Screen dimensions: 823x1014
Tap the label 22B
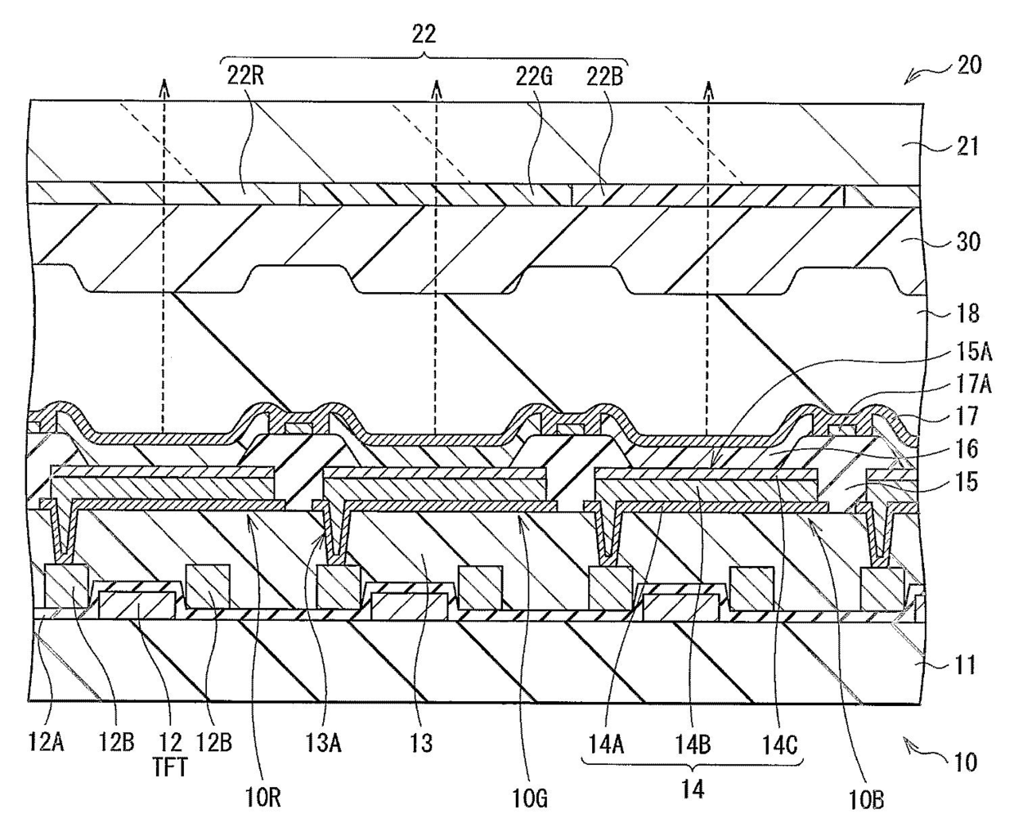click(605, 78)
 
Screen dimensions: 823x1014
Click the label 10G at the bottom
click(520, 795)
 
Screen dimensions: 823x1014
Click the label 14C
click(777, 744)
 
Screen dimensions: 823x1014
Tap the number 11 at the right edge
click(966, 664)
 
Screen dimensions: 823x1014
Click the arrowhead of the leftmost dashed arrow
click(164, 84)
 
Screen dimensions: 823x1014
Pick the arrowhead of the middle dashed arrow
click(437, 84)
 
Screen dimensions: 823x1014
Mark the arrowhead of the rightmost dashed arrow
click(708, 84)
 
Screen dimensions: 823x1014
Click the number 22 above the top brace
click(424, 34)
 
